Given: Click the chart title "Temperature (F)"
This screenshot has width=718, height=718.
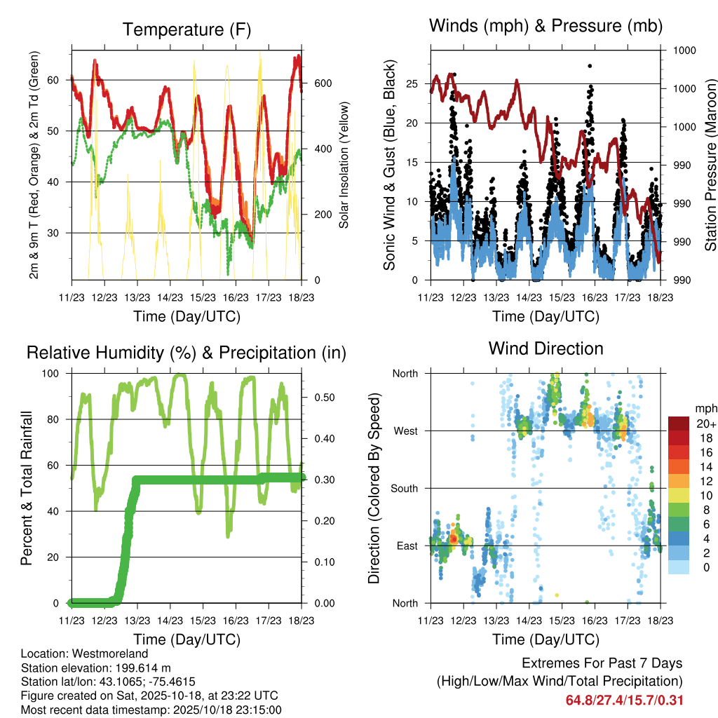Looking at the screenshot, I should (187, 29).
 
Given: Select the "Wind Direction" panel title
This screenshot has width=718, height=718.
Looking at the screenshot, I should (546, 348).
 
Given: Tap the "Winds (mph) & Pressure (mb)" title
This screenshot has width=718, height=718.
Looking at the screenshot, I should (546, 27).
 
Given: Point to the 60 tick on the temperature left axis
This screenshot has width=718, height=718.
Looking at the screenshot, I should (60, 80).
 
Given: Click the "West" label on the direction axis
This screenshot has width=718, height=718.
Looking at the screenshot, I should (405, 431).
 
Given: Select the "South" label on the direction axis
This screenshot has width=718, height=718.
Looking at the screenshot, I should (404, 488).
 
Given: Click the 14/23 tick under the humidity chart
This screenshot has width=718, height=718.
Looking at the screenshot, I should (170, 621).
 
